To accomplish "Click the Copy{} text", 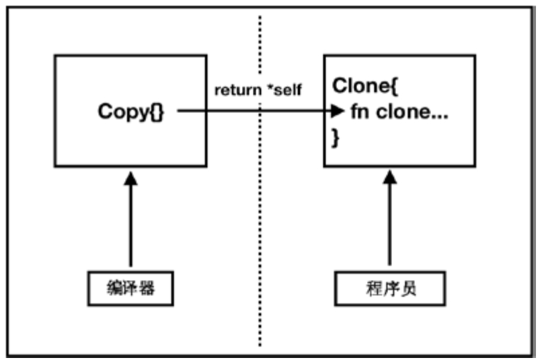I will pos(130,112).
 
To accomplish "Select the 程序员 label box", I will pos(389,289).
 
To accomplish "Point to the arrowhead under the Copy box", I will pos(130,178).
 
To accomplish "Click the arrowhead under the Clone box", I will pos(389,178).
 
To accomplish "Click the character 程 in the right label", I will pos(371,289).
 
